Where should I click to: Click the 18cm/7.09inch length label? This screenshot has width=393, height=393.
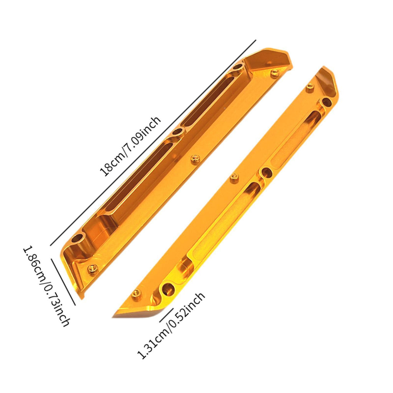pyautogui.click(x=130, y=146)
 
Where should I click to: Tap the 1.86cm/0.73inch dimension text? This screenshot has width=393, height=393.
pyautogui.click(x=46, y=286)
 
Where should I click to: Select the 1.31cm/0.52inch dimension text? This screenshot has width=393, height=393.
pyautogui.click(x=171, y=326)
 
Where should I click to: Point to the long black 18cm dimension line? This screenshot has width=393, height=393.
pyautogui.click(x=153, y=143)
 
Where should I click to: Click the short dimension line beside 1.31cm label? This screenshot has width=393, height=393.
pyautogui.click(x=166, y=315)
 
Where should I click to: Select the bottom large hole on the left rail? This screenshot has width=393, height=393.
pyautogui.click(x=77, y=238)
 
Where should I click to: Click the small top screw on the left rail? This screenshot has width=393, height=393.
pyautogui.click(x=275, y=73)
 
